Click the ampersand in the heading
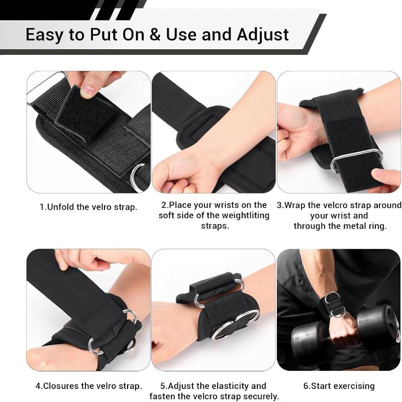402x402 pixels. [x=155, y=34]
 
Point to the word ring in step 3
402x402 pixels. [x=376, y=226]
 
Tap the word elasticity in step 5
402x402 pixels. [x=228, y=386]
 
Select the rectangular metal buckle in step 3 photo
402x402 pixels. [x=357, y=159]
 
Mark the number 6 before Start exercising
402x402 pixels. [x=306, y=386]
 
